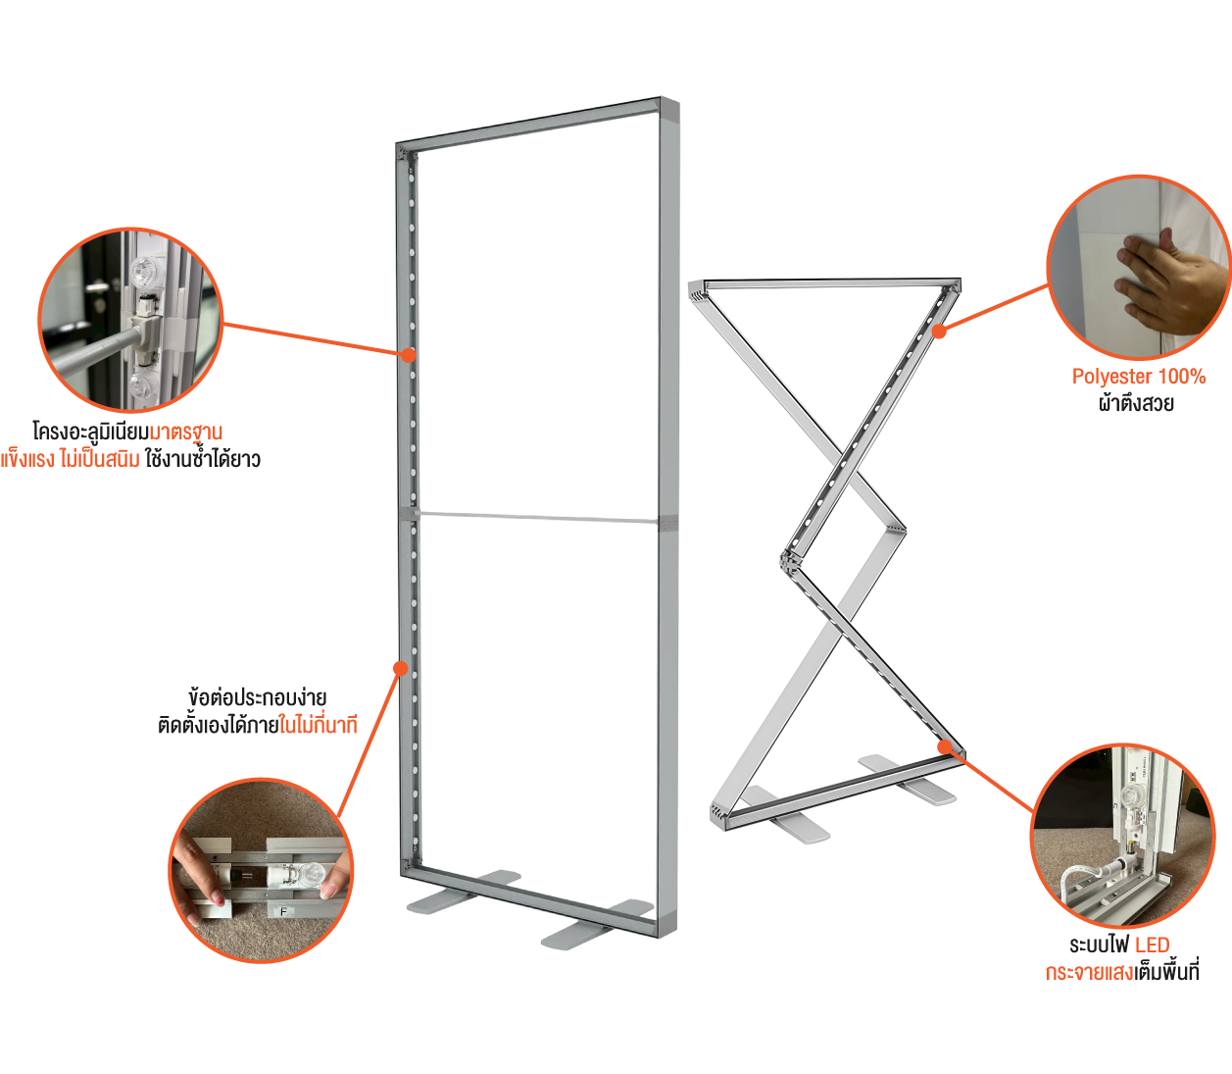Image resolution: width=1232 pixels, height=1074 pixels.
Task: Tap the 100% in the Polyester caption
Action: [x=1182, y=377]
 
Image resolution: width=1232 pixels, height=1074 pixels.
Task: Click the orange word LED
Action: [x=1153, y=946]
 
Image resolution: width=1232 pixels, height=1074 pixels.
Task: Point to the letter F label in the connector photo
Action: [x=284, y=911]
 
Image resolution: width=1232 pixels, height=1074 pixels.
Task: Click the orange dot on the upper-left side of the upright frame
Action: [x=408, y=355]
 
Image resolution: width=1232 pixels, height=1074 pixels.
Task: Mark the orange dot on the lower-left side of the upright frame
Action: [x=400, y=668]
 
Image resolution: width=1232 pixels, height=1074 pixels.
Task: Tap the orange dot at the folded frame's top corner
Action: [x=939, y=331]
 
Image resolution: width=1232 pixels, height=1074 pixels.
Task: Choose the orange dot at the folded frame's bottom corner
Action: [x=945, y=747]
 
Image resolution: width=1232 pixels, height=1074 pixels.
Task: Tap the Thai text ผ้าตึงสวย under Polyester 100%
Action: [x=1137, y=403]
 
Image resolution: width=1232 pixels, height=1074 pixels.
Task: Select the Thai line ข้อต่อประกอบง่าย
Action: [x=257, y=698]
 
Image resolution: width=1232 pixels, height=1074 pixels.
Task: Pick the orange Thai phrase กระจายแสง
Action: [x=1088, y=973]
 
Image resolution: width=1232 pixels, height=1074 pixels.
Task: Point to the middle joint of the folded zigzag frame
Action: [x=787, y=561]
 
